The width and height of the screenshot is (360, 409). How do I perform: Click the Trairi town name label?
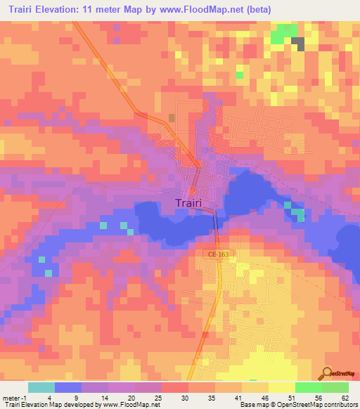pyautogui.click(x=191, y=204)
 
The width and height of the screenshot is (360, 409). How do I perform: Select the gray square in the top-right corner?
pyautogui.click(x=299, y=43)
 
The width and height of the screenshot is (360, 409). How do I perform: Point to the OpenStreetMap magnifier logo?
pyautogui.click(x=328, y=373)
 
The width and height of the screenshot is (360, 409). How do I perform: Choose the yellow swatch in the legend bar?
pyautogui.click(x=282, y=387)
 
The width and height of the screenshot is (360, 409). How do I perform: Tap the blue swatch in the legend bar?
pyautogui.click(x=68, y=387)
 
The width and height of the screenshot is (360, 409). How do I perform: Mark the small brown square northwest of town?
pyautogui.click(x=172, y=117)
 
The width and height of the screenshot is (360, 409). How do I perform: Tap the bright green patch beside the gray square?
pyautogui.click(x=284, y=33)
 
